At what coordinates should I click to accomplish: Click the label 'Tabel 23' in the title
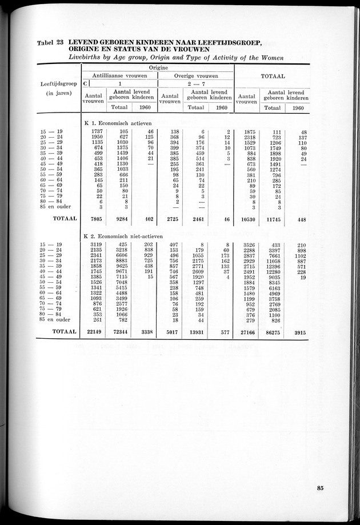click(x=50, y=42)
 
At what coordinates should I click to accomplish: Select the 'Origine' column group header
click(x=158, y=66)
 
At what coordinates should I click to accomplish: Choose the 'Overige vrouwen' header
click(x=196, y=75)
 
